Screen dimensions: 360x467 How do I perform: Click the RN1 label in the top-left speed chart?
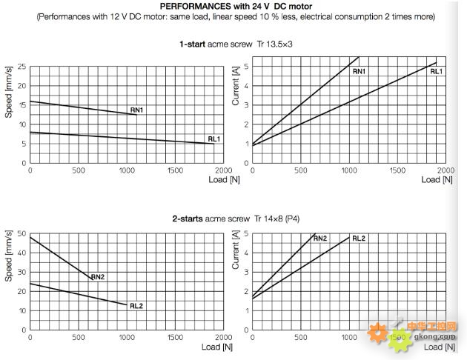pos(137,110)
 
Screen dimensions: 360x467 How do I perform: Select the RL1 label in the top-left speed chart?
pos(214,139)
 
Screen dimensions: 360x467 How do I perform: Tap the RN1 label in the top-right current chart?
pos(359,71)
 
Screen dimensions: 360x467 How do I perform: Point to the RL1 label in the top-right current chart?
pos(437,71)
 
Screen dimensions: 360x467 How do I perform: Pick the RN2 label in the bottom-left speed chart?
pos(98,277)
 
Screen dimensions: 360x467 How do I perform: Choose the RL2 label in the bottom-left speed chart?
pos(136,305)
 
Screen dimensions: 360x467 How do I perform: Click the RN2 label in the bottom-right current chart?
pos(320,239)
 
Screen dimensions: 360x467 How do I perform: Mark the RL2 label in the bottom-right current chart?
pos(359,239)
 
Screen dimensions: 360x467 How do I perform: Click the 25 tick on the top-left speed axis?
pos(22,67)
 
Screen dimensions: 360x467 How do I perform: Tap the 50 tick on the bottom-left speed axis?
pos(22,233)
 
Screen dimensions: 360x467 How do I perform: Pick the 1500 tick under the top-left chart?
pos(175,170)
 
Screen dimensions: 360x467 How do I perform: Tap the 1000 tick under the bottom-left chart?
pos(127,338)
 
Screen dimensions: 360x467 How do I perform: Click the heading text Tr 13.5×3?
pos(276,44)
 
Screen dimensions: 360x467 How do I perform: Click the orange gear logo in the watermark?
pos(378,335)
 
